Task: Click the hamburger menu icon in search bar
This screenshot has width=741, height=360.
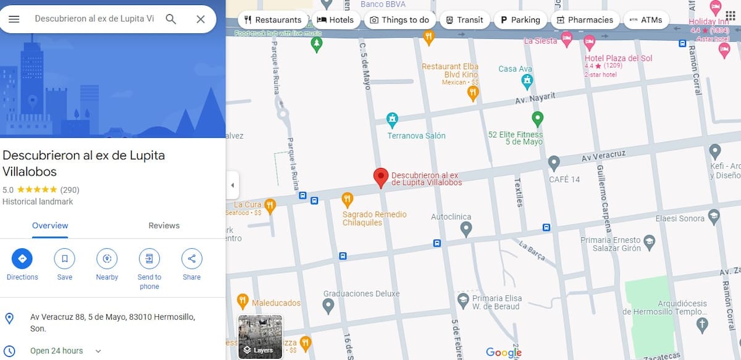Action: point(14,19)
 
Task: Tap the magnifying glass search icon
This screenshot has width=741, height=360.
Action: point(171,19)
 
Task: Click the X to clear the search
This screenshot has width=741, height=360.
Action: point(201,19)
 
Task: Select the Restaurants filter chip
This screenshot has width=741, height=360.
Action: point(273,20)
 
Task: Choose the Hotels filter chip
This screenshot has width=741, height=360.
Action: point(335,20)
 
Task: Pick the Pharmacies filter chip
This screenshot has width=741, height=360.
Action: point(584,20)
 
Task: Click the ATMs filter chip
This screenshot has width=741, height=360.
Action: point(645,20)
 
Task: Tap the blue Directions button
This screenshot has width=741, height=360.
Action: point(22,259)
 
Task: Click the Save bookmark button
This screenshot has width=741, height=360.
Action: point(65,259)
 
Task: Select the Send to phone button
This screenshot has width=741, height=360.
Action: point(149,259)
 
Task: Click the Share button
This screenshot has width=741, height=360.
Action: point(191,259)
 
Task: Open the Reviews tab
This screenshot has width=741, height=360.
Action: point(164,225)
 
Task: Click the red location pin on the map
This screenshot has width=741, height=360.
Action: point(381,177)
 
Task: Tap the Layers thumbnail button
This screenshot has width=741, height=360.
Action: point(260,337)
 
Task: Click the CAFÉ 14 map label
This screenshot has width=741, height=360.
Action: point(564,180)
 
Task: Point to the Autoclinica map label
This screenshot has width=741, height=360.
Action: point(451,217)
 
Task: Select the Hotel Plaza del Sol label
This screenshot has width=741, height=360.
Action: point(618,59)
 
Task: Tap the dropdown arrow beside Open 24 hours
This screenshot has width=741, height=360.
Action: point(98,351)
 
